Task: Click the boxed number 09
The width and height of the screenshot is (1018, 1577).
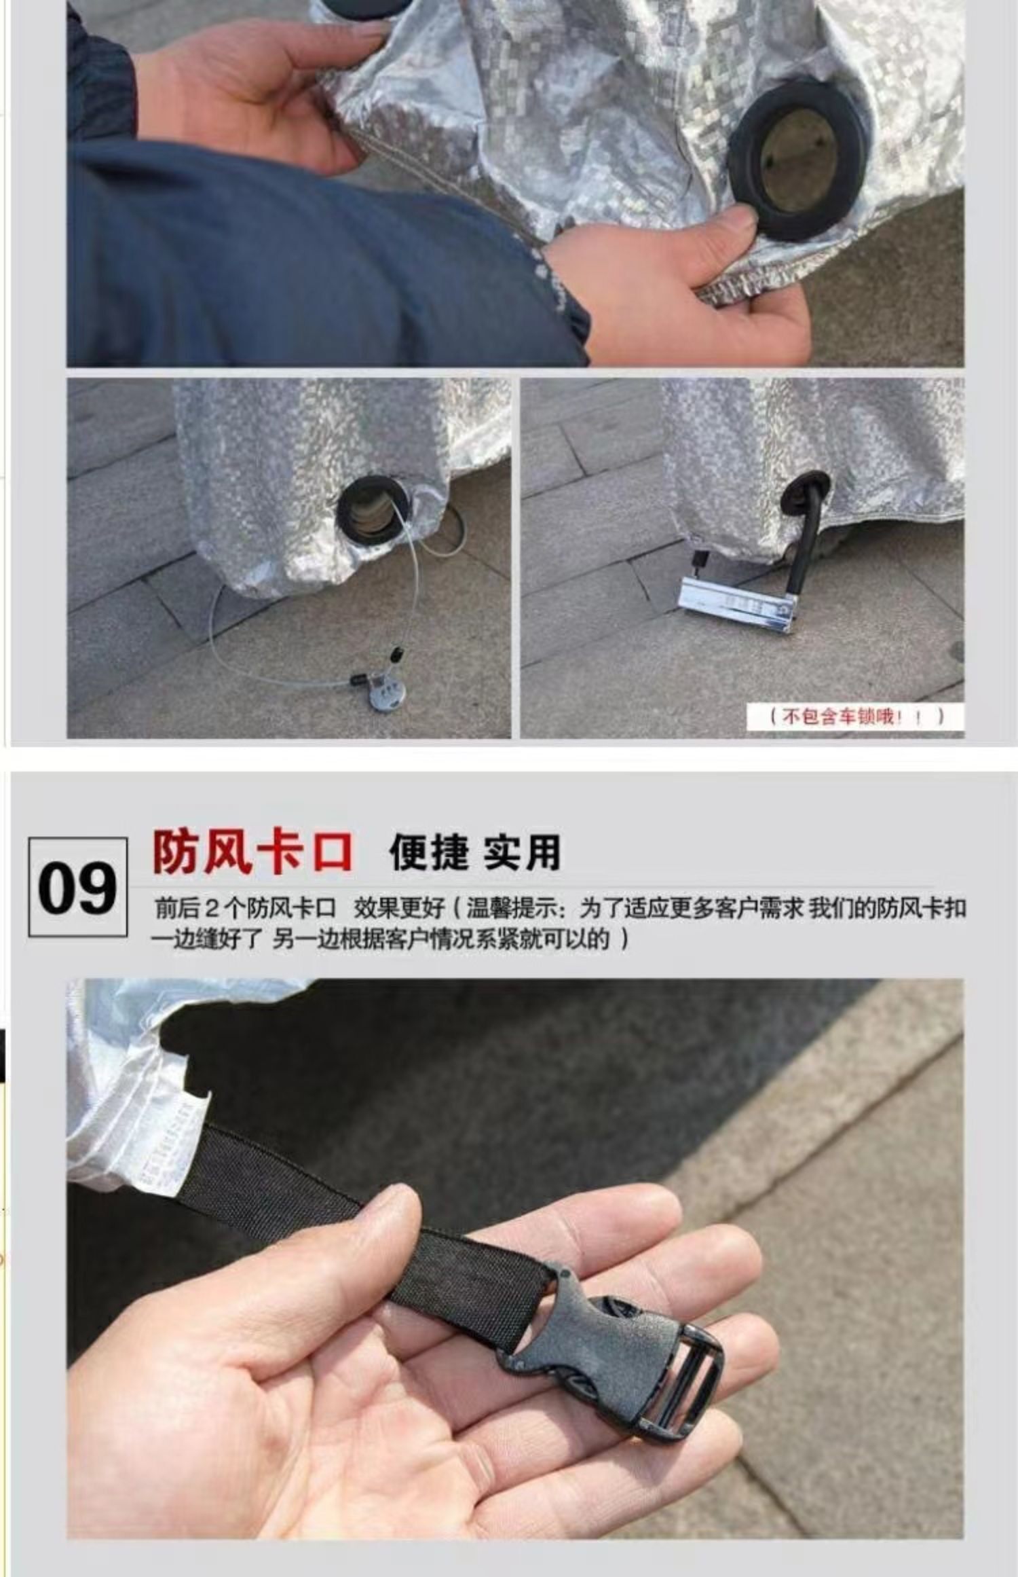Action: coord(77,888)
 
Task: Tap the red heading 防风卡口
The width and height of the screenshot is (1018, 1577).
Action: coord(253,852)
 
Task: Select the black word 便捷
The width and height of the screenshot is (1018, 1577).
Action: coord(429,852)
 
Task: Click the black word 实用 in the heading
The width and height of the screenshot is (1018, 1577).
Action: coord(522,852)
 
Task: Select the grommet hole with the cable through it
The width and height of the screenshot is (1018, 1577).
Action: coord(374,510)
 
